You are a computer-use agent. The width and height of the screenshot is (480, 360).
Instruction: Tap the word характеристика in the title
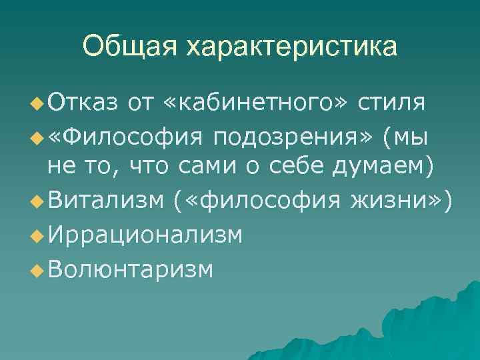(x=291, y=47)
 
